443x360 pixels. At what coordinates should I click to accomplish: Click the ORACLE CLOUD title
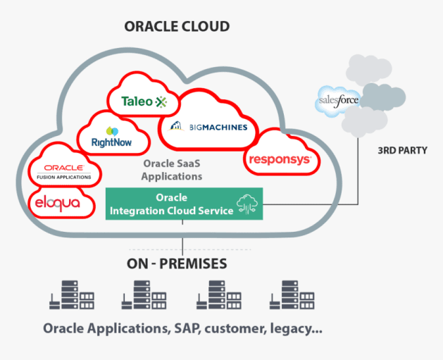(x=177, y=27)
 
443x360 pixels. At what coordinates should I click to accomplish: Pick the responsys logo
(x=280, y=160)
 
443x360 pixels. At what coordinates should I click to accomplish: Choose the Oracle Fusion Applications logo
(x=64, y=171)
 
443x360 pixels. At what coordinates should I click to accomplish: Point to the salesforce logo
(x=339, y=100)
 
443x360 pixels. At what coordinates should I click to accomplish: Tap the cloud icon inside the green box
(x=249, y=204)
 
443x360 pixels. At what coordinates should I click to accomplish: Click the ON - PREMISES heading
(x=177, y=264)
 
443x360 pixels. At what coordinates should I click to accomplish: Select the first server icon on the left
(x=72, y=295)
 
